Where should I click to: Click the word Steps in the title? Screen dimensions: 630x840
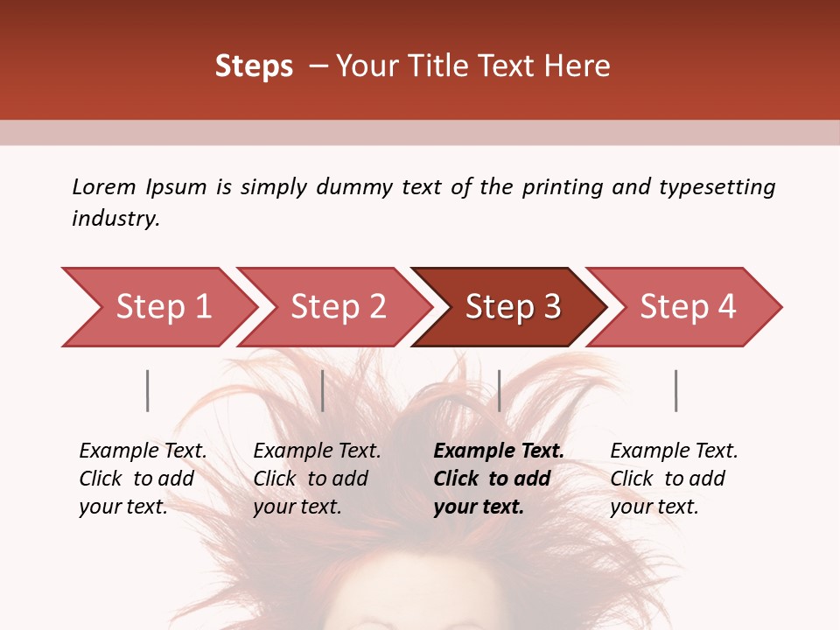(x=254, y=66)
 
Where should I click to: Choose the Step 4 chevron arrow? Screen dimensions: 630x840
(x=687, y=307)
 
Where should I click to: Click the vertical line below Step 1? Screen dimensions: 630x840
(x=148, y=390)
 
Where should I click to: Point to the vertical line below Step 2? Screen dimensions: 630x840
(x=323, y=390)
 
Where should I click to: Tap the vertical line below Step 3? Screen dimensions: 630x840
(x=499, y=390)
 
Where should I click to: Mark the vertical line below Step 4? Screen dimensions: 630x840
(x=675, y=390)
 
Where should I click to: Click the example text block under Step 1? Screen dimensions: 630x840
(x=143, y=479)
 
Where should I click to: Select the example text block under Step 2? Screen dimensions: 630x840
(x=317, y=479)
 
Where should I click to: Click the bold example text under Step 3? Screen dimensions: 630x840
(x=499, y=479)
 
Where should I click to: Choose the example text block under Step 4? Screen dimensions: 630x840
(x=674, y=479)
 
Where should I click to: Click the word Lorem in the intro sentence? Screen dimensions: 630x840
(x=104, y=187)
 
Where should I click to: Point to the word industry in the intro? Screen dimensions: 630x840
(x=115, y=219)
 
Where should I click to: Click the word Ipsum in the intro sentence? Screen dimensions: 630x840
(x=177, y=187)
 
